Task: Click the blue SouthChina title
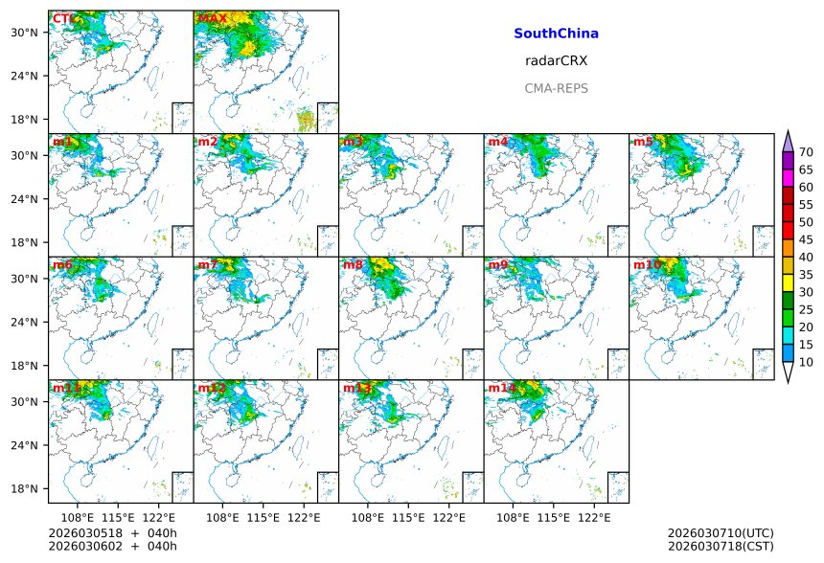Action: coord(556,34)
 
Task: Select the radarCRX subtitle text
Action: coord(556,60)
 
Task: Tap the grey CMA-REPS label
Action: coord(556,88)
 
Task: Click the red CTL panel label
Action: coord(62,19)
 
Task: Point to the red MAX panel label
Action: coord(212,19)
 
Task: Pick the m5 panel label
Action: coord(643,143)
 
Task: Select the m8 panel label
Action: coord(353,265)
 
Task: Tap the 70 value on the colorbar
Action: coord(806,152)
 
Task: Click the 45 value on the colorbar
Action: coord(806,239)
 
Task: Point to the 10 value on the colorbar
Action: coord(806,362)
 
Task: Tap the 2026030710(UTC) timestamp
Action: coord(720,532)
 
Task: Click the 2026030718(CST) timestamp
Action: coord(720,546)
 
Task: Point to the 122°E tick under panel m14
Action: coord(594,518)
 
